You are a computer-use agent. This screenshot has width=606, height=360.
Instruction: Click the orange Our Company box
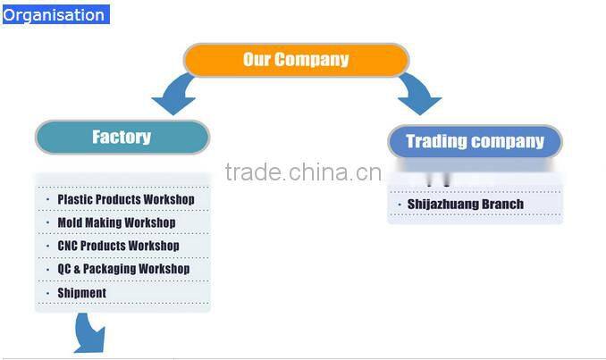tap(296, 60)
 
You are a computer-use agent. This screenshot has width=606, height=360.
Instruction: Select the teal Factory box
tap(122, 137)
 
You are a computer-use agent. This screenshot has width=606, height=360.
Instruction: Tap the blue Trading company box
tap(475, 141)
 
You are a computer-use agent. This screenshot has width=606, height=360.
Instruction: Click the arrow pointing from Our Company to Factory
tap(176, 95)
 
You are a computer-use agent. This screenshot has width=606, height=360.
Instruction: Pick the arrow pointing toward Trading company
tap(417, 94)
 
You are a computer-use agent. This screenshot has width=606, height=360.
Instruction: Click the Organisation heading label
tap(54, 15)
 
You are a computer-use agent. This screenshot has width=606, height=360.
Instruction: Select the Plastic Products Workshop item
tap(125, 199)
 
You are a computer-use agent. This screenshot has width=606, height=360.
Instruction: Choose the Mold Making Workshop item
tap(116, 222)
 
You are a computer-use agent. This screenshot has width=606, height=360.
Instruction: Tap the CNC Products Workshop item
tap(118, 246)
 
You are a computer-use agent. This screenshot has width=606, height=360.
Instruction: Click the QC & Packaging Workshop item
tap(123, 269)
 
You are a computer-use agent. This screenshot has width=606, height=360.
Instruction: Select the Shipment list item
tap(81, 293)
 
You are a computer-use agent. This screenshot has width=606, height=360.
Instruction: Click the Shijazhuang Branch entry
tap(465, 205)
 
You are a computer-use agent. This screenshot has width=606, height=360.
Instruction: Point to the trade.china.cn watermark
tap(303, 172)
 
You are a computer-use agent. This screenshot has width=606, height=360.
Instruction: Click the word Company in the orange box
tap(311, 60)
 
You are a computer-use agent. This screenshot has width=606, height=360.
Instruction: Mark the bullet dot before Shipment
tap(47, 293)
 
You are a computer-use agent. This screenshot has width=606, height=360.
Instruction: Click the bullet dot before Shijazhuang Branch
tap(399, 205)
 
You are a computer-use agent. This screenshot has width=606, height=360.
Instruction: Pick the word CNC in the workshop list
tap(68, 246)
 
